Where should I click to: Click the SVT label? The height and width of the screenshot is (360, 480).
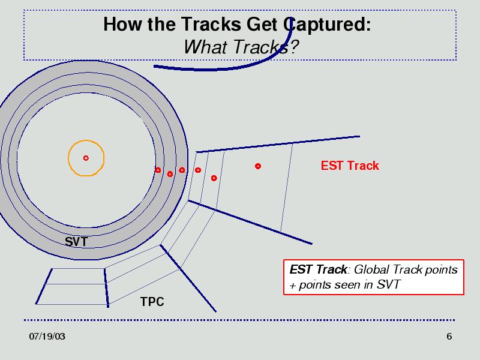76,242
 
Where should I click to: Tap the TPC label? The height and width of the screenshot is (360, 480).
152,302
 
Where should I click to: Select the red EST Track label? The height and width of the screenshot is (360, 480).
350,166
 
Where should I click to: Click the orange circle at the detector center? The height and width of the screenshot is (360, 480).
86,140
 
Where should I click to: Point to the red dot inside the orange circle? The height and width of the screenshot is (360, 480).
86,158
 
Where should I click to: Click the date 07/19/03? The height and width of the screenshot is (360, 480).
47,337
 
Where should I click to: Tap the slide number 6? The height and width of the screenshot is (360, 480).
449,337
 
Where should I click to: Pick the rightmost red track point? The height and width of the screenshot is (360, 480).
258,166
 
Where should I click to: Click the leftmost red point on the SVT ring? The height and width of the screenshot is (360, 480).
158,170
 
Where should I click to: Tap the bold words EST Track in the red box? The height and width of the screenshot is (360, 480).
319,269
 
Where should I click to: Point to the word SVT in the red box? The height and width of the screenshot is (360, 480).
388,284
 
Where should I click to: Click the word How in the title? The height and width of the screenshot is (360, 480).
122,24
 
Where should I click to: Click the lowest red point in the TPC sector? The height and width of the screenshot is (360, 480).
214,178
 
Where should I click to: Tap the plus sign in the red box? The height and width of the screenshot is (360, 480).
293,286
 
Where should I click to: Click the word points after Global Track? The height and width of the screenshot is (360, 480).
442,270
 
